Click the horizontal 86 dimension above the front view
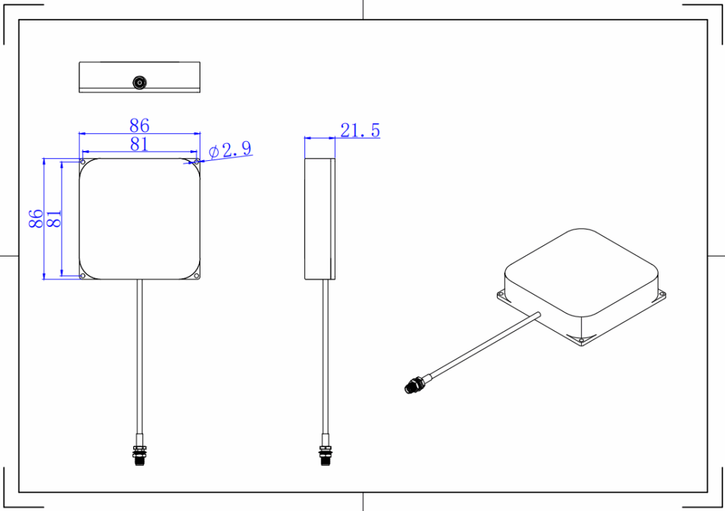139,125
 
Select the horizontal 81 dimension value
139,145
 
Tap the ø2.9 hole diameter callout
231,150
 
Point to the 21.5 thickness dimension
360,130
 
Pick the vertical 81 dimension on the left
54,218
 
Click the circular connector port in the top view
139,83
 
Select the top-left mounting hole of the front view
83,162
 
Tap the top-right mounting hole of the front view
196,162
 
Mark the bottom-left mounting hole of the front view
83,276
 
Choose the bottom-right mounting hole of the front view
196,276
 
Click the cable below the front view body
139,354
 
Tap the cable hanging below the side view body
325,354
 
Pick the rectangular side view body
319,218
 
